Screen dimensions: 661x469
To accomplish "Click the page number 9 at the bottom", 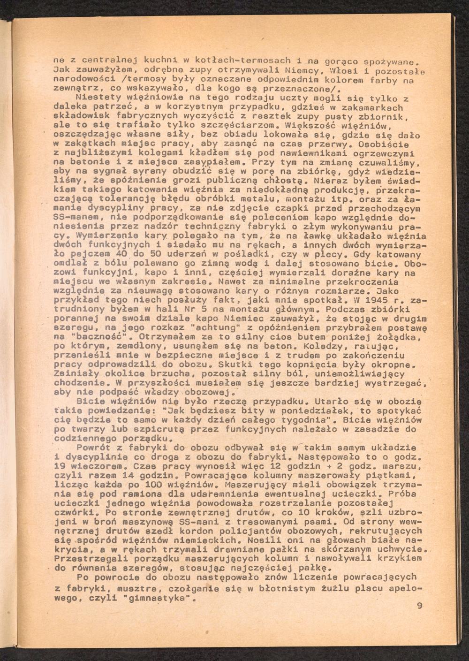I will click(419, 606).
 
